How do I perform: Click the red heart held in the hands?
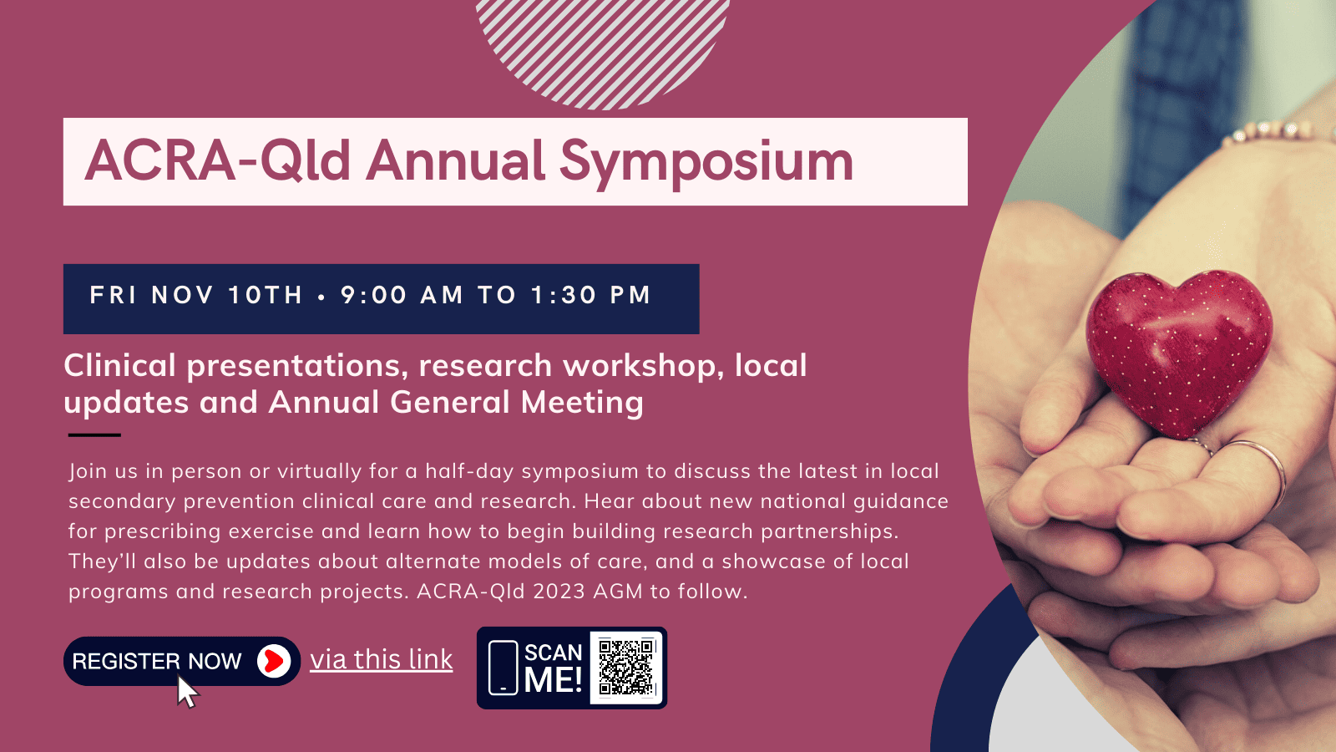tap(1179, 352)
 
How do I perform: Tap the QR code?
tap(626, 668)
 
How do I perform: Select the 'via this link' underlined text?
tap(381, 660)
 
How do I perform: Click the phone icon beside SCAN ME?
tap(503, 668)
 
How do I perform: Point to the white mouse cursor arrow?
tap(187, 691)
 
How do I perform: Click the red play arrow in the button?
tap(275, 661)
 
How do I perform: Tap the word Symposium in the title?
tap(706, 164)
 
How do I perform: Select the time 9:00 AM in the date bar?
tap(402, 295)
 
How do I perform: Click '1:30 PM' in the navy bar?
tap(590, 295)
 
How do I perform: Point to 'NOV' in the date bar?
tap(183, 295)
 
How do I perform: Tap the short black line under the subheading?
tap(94, 435)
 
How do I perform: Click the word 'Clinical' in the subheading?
tap(120, 365)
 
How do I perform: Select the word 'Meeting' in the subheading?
tap(582, 402)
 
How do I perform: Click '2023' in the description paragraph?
tap(559, 592)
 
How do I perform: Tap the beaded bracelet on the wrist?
tap(1277, 132)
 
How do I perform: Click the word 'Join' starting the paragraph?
tap(88, 471)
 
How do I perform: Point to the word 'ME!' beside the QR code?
tap(553, 679)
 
